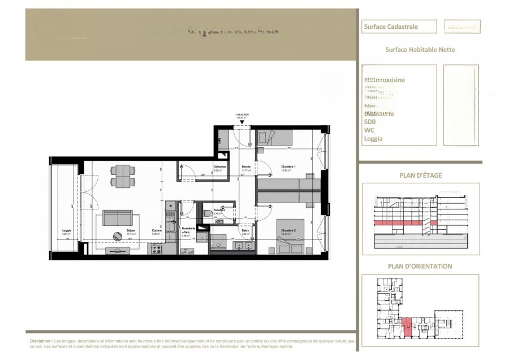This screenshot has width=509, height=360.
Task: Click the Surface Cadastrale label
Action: (x=387, y=27)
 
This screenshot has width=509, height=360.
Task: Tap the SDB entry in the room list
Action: (x=370, y=122)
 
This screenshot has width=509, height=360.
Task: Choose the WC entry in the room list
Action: (x=369, y=130)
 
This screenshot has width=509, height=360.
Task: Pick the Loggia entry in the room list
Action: (x=373, y=139)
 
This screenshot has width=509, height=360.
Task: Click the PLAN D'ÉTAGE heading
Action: (x=420, y=175)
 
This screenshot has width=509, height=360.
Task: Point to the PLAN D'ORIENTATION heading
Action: (x=420, y=266)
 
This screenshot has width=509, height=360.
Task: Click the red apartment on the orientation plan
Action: (x=407, y=328)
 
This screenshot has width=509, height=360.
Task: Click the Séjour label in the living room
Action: (x=131, y=230)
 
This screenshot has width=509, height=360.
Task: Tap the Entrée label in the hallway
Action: (x=246, y=167)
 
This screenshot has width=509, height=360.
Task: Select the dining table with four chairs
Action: (x=123, y=176)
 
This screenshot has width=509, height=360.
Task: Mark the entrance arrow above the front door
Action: (x=242, y=122)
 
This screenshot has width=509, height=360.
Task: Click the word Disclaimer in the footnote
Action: (x=41, y=342)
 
